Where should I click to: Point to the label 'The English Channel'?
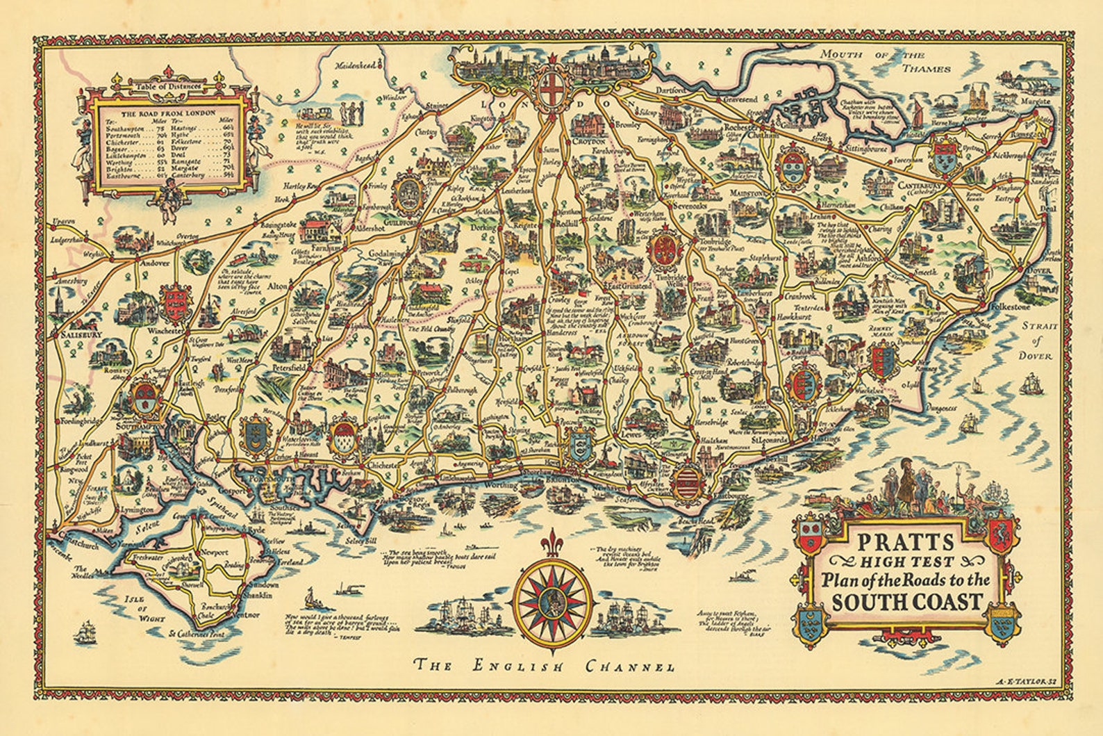544,667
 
